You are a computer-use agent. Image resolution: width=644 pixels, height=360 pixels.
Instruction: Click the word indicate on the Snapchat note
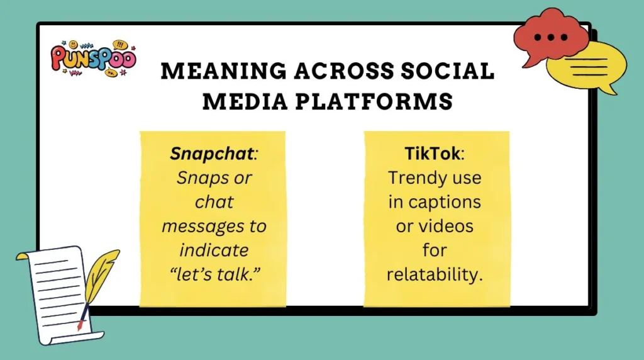(214, 250)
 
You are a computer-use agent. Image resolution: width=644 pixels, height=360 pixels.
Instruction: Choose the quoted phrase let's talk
(214, 274)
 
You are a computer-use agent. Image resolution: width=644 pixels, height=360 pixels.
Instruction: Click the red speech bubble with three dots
(551, 37)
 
